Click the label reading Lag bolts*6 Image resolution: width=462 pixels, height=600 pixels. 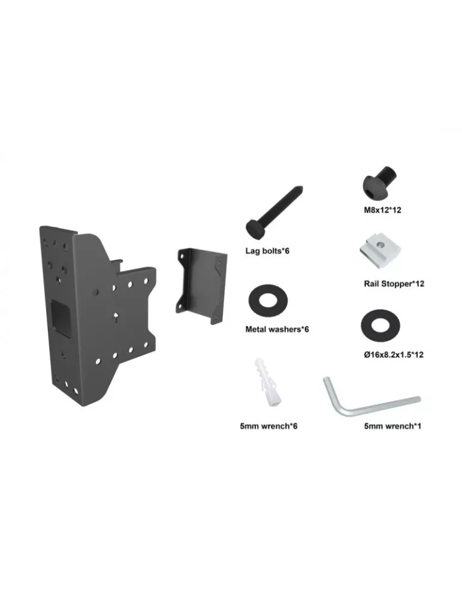coord(267,251)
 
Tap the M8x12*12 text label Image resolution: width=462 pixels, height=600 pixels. coord(382,209)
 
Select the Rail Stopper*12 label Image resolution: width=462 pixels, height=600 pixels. coord(394,284)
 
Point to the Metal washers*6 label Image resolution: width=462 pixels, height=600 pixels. coord(277,329)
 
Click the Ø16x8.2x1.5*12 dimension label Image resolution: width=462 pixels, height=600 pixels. coord(394,355)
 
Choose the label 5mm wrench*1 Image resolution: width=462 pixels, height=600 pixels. coord(392,426)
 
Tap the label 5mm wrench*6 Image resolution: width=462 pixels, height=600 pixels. coord(268,426)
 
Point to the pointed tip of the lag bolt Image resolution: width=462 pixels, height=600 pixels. coord(301,188)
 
